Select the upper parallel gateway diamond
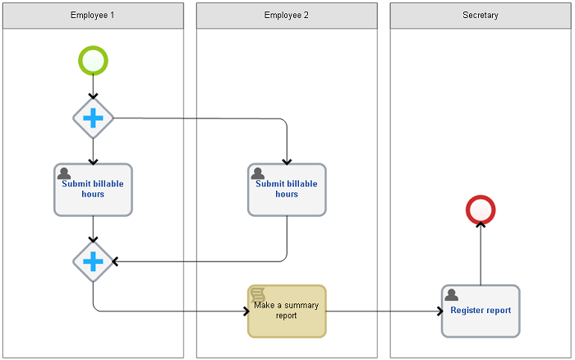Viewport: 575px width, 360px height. (93, 118)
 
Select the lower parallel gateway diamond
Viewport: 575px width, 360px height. (93, 261)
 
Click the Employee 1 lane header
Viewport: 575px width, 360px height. (93, 16)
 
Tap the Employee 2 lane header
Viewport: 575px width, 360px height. (287, 16)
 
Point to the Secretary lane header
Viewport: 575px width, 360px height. (481, 16)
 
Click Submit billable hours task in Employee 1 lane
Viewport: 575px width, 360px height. (93, 190)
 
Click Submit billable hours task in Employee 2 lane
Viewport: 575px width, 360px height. (287, 190)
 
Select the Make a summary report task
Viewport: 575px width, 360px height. (287, 312)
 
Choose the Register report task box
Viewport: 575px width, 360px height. (481, 312)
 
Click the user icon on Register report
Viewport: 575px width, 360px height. (452, 295)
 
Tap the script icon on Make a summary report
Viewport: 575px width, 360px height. (258, 295)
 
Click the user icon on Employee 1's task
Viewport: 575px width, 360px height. (64, 173)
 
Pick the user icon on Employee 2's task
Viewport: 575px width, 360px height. (258, 173)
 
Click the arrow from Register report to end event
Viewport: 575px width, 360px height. (481, 253)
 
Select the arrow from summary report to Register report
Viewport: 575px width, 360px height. (384, 312)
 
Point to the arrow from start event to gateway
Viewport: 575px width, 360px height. (93, 86)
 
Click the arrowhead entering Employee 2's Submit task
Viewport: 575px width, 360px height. (287, 161)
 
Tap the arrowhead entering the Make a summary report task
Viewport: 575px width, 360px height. (246, 312)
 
